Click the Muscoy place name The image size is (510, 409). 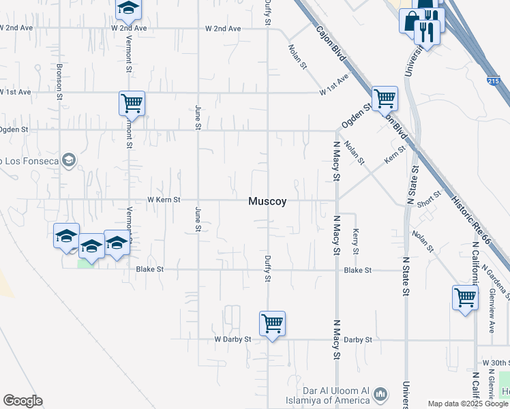267,201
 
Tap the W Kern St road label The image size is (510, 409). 164,200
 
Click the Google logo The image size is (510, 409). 22,401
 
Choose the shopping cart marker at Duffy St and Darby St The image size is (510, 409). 272,323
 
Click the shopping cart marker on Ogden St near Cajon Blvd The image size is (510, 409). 385,98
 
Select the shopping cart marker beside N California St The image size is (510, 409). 465,297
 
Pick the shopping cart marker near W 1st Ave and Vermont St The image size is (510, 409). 132,104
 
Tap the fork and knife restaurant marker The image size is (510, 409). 427,30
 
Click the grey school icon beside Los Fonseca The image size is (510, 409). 67,161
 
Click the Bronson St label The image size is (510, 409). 59,82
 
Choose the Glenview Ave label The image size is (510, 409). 492,309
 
